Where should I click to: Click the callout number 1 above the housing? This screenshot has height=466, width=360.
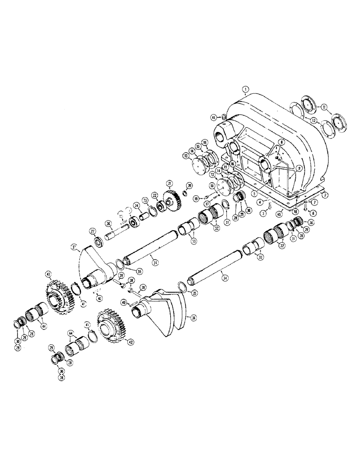pos(245,88)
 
